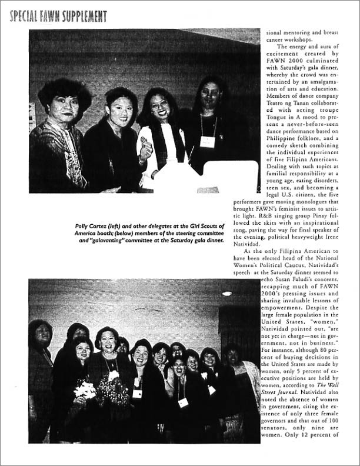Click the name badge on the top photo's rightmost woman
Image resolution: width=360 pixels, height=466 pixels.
click(208, 141)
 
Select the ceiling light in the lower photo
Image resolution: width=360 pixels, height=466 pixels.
click(227, 293)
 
